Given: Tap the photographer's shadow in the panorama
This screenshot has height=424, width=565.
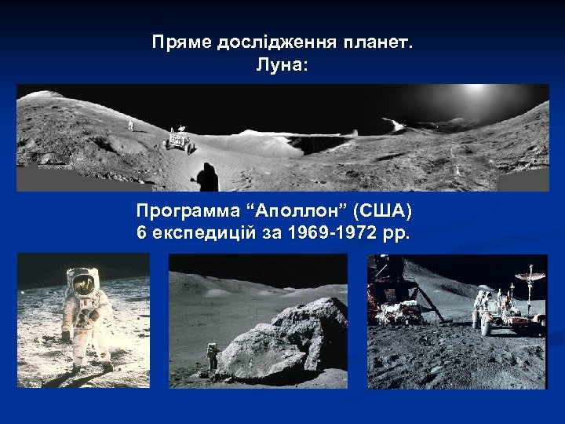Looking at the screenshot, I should (207, 177).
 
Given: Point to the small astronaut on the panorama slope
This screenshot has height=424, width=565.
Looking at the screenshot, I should (130, 124).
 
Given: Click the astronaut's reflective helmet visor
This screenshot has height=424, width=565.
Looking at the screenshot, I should (82, 280).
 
